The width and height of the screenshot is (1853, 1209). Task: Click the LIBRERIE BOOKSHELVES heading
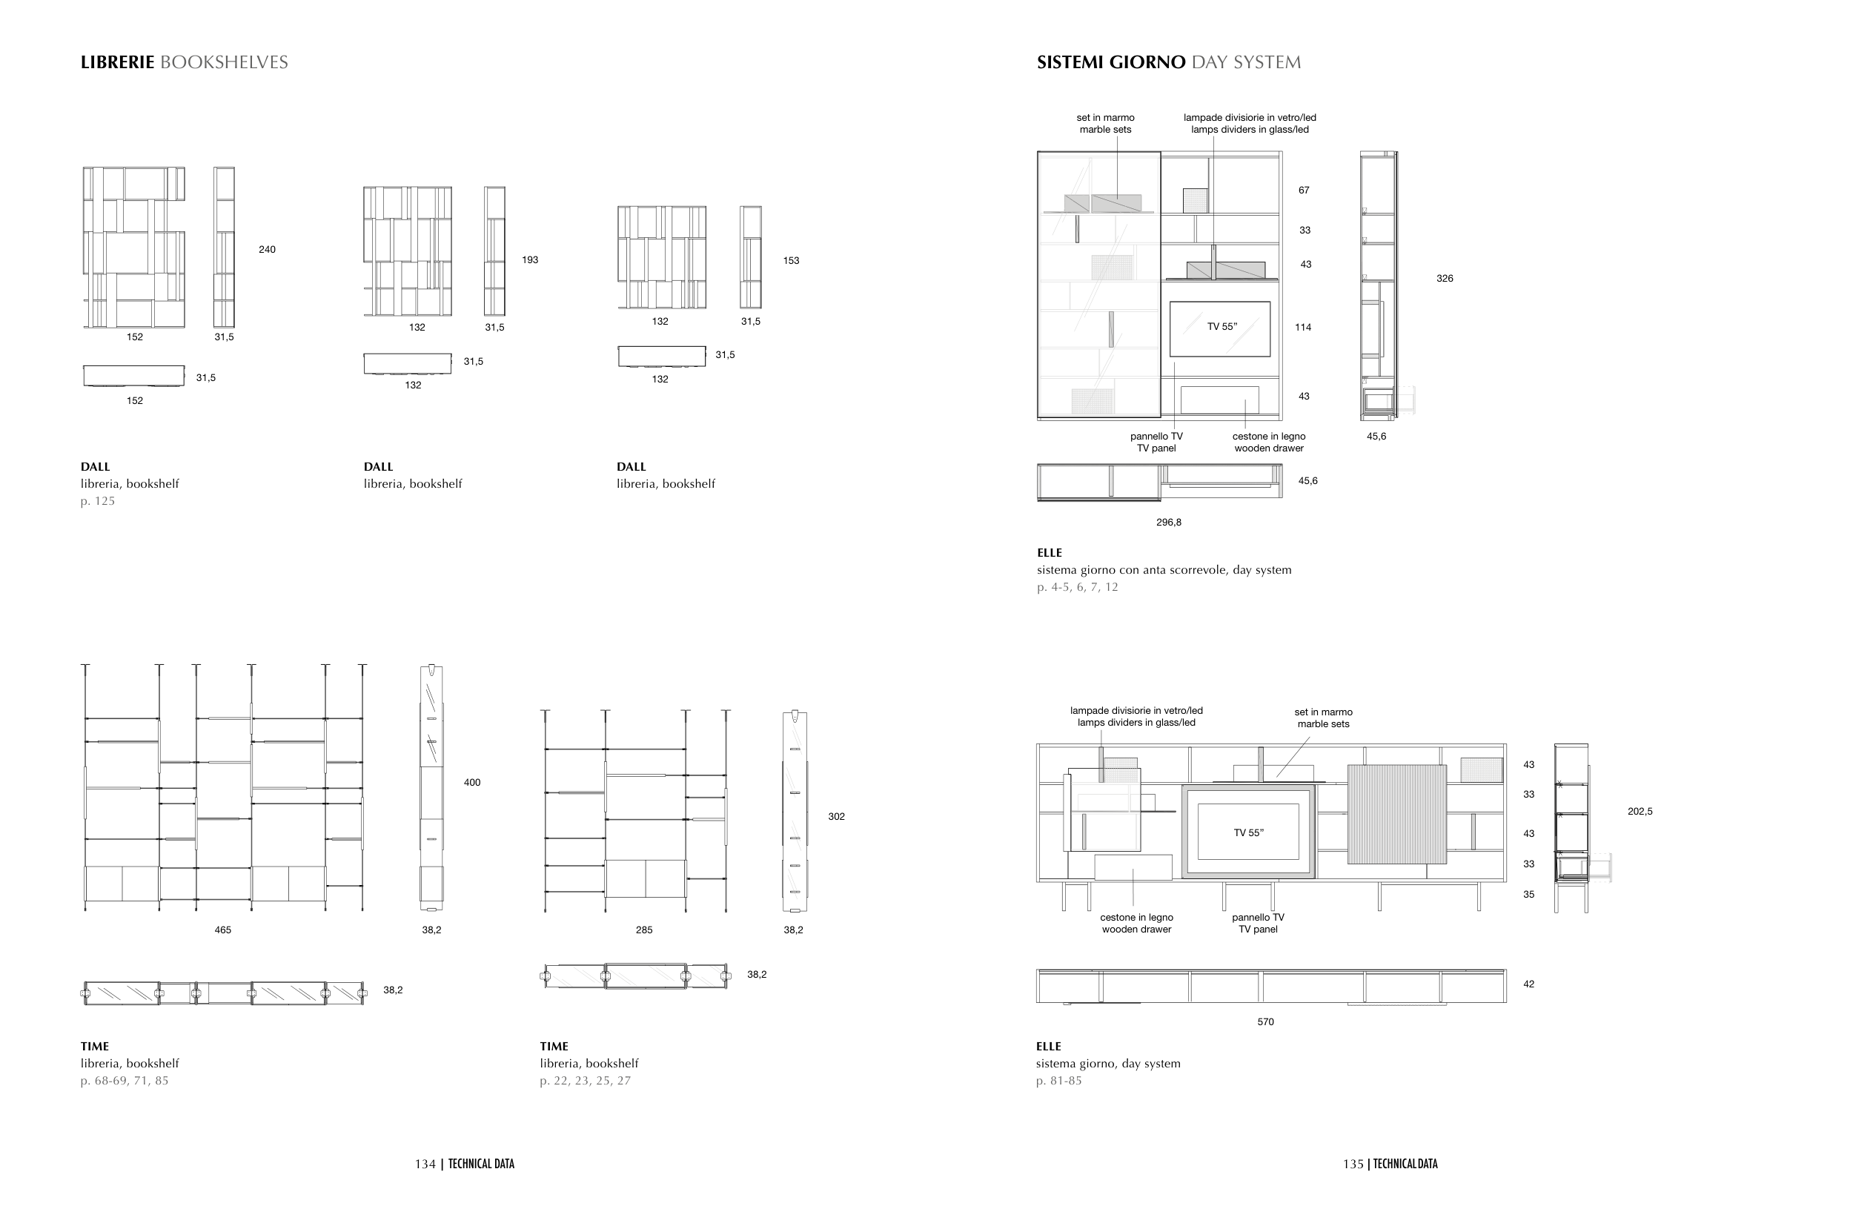[x=185, y=62]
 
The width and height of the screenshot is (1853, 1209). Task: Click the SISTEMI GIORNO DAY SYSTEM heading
[x=1169, y=62]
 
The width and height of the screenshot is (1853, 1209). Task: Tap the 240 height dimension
[x=267, y=249]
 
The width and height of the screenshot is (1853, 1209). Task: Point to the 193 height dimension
[x=530, y=259]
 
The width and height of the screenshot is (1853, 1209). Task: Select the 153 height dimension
[x=791, y=260]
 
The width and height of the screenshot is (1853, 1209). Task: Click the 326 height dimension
[x=1445, y=278]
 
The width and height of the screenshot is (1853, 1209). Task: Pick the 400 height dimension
[x=472, y=782]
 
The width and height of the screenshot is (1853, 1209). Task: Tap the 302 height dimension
[x=836, y=817]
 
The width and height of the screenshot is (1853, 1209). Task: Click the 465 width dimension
[x=222, y=930]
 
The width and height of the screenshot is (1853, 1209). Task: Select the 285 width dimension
[x=644, y=930]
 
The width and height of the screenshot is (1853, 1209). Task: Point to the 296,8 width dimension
[x=1169, y=523]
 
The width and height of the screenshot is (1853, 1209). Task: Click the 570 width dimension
[x=1266, y=1021]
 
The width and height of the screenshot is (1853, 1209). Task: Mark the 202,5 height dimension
[x=1640, y=811]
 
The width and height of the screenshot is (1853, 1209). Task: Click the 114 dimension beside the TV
[x=1303, y=327]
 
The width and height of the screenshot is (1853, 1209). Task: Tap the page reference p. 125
[x=98, y=500]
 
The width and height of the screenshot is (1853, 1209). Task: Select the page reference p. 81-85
[x=1059, y=1081]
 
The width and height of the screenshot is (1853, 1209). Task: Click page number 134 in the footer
[x=425, y=1164]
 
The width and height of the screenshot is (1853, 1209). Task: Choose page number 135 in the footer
[x=1353, y=1164]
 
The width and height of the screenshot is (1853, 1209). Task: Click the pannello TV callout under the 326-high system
[x=1156, y=443]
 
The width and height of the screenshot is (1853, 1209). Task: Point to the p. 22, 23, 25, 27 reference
[x=586, y=1081]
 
